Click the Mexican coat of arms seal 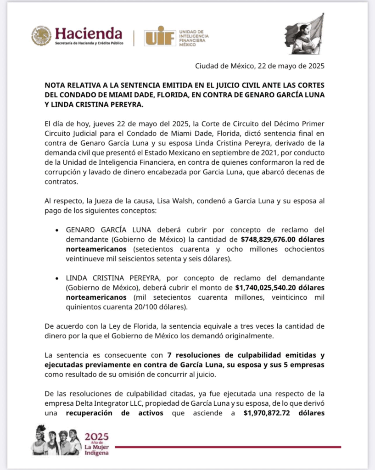pyautogui.click(x=41, y=36)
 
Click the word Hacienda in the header pyautogui.click(x=89, y=33)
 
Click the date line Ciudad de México pyautogui.click(x=260, y=66)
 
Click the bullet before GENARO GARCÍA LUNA pyautogui.click(x=56, y=230)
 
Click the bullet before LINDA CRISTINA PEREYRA pyautogui.click(x=56, y=279)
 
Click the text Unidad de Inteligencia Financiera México pyautogui.click(x=194, y=35)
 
